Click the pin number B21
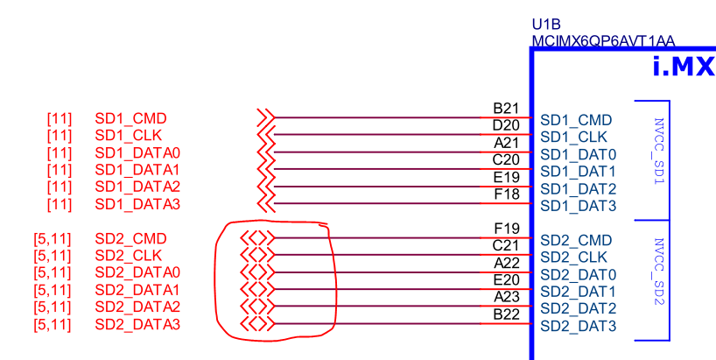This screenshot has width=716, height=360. coord(506,109)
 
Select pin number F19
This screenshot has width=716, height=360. coord(507,228)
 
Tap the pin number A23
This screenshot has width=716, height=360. coord(507,297)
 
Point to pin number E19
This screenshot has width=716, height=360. coord(507,177)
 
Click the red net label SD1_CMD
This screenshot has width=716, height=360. coord(130,119)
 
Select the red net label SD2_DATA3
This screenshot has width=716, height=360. coord(137,324)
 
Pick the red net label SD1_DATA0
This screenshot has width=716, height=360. coord(137,153)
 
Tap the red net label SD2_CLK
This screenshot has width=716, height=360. coord(129,255)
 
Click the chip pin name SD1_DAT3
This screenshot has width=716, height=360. coord(579,206)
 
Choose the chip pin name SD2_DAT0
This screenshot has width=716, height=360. coord(579,274)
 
